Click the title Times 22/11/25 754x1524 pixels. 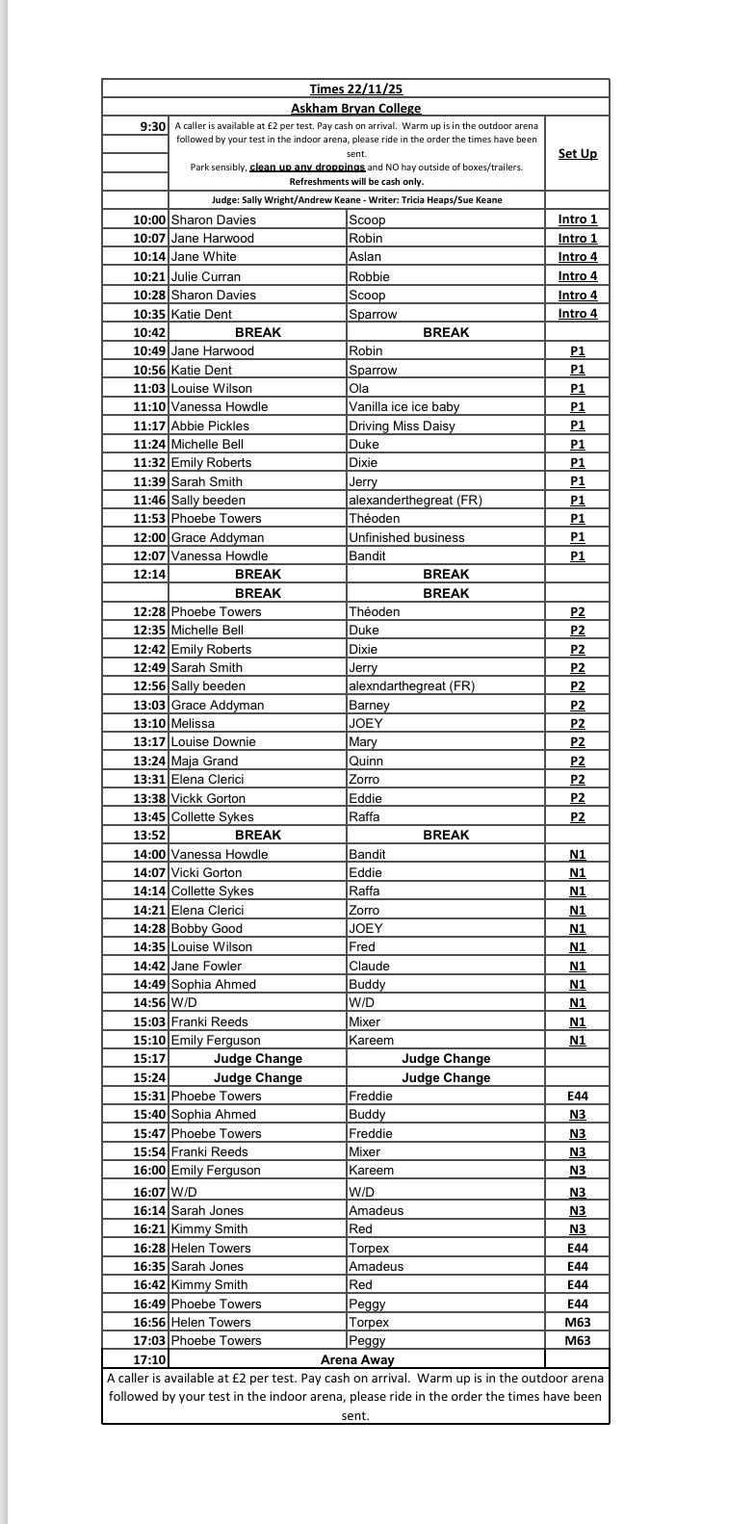355,90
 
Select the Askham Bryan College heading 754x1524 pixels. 355,109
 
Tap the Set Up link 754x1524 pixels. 577,154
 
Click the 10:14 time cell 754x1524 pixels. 150,257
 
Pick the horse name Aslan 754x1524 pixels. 365,257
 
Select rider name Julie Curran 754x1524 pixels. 206,276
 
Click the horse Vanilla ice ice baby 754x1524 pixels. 404,406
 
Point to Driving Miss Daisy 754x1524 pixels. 402,426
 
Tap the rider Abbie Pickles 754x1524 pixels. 210,426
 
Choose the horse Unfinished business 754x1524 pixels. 406,537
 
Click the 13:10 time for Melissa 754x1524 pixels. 150,723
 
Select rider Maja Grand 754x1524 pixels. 204,761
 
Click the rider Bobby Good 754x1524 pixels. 206,928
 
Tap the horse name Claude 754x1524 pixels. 369,966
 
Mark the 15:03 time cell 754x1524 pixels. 150,1021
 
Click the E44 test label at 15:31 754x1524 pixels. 577,1096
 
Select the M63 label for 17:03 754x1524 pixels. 577,1340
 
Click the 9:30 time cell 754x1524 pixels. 153,126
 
